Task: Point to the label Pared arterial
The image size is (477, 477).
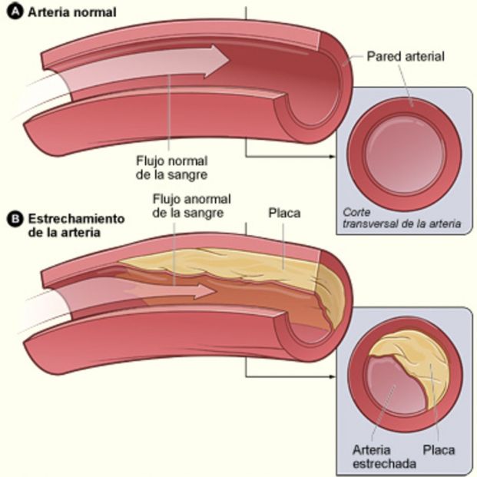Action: (406, 56)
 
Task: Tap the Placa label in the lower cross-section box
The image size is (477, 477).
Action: (439, 449)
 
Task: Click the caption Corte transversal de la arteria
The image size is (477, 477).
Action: (401, 218)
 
